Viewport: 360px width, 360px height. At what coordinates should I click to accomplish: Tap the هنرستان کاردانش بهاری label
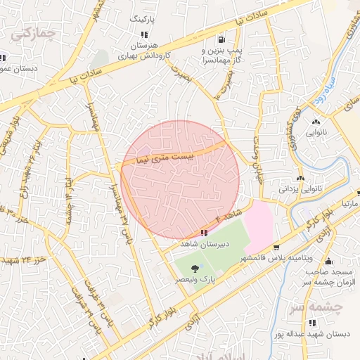144,49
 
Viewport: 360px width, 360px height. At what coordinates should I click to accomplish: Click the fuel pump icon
222,39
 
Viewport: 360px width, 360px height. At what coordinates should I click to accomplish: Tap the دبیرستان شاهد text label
203,243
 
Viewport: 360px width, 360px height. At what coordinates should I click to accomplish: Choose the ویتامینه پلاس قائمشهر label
277,259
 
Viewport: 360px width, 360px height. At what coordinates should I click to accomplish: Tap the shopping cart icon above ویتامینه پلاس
277,247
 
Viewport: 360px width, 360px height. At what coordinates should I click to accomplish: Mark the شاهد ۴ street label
231,214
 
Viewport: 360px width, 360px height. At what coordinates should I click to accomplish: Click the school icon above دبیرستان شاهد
204,232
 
